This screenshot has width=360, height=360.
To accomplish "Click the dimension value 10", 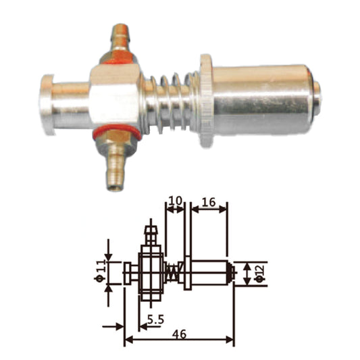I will coord(174,199).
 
